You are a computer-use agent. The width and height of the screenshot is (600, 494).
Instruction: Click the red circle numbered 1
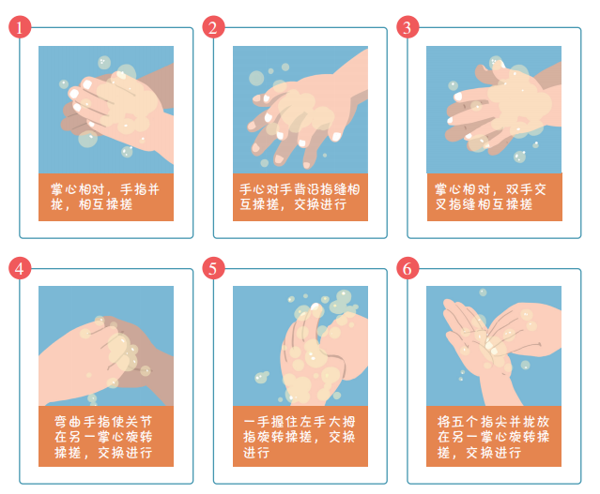pos(20,27)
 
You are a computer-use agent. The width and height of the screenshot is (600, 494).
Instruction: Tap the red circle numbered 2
pos(213,27)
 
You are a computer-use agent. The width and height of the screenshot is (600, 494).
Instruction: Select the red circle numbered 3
pos(408,27)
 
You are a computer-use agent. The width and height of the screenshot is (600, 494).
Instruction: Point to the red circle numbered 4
pos(20,268)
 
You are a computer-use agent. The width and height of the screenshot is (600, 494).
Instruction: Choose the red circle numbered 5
pos(213,268)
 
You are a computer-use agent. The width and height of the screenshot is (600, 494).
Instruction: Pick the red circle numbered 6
pos(408,268)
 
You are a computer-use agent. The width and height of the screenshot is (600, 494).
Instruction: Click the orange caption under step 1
pos(106,197)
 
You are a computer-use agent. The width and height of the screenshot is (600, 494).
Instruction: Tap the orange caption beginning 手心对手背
pos(300,197)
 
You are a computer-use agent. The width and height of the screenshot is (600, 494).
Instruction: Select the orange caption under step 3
pos(495,197)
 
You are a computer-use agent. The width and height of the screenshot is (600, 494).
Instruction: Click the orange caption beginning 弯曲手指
pos(106,436)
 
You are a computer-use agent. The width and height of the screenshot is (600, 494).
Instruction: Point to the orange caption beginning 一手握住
pos(300,436)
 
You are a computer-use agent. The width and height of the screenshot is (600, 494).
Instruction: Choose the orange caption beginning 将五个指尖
pos(494,436)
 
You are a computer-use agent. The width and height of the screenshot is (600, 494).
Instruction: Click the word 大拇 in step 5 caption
pos(342,422)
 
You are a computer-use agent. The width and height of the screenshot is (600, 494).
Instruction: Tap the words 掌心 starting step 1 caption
pos(64,189)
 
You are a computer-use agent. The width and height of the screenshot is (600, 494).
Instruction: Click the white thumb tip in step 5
pos(316,307)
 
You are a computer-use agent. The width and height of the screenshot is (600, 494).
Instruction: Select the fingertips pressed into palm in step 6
pos(492,347)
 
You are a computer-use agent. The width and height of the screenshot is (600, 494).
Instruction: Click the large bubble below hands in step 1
pos(88,139)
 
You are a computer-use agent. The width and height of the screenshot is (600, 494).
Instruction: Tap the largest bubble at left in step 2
pos(256,79)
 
